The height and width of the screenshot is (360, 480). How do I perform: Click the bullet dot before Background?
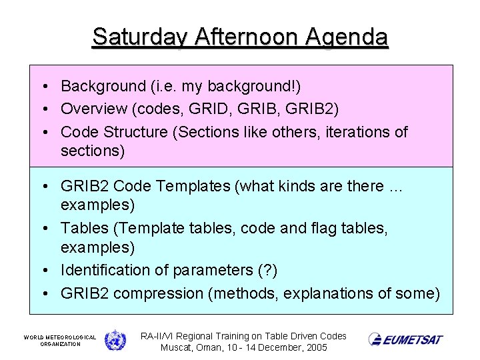[42, 86]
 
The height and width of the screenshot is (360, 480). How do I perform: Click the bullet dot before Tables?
[42, 228]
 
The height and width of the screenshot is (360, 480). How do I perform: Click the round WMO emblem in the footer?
[115, 339]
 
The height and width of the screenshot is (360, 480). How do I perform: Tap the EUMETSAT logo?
[405, 339]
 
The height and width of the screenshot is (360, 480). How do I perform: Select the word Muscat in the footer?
[179, 348]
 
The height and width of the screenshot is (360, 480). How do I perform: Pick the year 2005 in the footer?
[314, 348]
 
